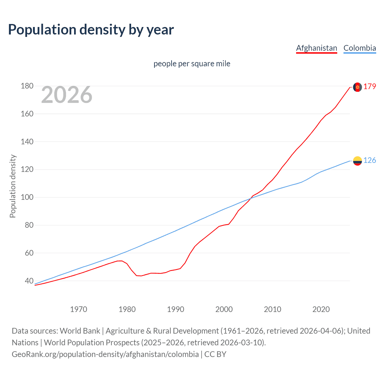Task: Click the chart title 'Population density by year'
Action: pos(91,30)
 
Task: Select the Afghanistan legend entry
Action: pos(316,48)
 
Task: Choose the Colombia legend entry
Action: pos(359,48)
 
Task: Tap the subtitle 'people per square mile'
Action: pos(192,64)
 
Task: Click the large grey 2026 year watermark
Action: pos(67,95)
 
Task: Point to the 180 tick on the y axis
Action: pos(27,86)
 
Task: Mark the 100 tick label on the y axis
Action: pos(27,197)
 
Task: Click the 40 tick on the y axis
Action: pos(29,281)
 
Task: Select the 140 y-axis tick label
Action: pos(27,142)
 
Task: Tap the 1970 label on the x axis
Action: pos(79,309)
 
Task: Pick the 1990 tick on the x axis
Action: pos(175,309)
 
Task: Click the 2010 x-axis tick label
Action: pos(272,309)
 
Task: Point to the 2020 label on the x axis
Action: pos(321,309)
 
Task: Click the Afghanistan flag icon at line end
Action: pos(357,87)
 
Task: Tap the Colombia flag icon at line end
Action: pos(357,161)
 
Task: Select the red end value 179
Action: pos(370,87)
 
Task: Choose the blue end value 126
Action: pos(370,160)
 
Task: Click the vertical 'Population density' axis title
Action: pos(13,186)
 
